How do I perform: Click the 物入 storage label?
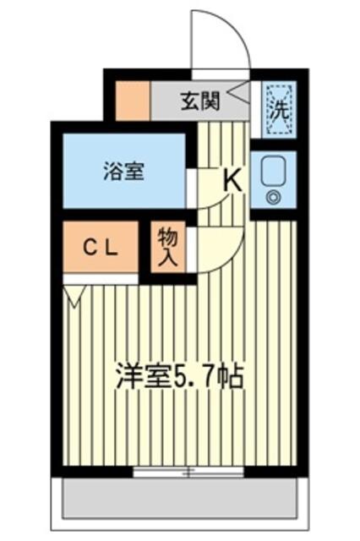pyautogui.click(x=166, y=248)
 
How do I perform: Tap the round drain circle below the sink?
pyautogui.click(x=273, y=198)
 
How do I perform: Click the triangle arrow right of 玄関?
pyautogui.click(x=237, y=88)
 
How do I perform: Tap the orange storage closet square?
pyautogui.click(x=166, y=248)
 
